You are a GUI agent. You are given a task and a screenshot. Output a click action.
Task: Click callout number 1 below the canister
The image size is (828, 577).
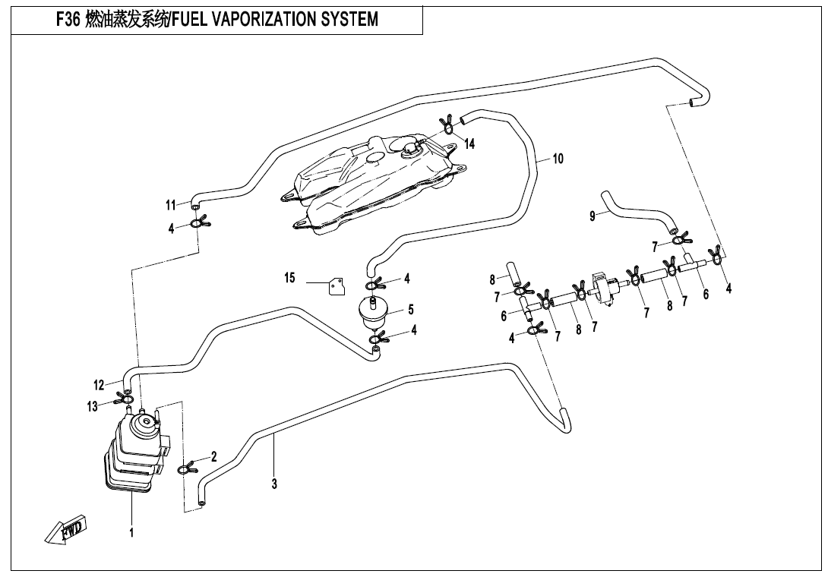(131, 532)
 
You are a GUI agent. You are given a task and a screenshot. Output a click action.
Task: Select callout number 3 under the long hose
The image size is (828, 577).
(274, 484)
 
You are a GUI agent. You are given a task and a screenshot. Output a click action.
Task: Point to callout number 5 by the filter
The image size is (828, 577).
(411, 309)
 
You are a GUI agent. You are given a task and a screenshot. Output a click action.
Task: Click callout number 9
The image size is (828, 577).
(593, 216)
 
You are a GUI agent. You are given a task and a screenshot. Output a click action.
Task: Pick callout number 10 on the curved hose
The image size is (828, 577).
(558, 159)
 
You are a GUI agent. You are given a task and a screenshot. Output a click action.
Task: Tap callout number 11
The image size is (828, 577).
(171, 205)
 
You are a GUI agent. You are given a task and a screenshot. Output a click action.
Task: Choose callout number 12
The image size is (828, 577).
(99, 385)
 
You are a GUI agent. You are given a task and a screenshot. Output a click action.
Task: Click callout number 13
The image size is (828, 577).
(92, 407)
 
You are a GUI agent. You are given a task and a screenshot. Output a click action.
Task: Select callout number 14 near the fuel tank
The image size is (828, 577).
(470, 144)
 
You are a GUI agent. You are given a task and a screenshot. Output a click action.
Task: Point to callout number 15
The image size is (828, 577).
(289, 279)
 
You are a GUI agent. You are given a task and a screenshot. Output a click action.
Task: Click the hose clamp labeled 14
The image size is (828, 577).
(448, 125)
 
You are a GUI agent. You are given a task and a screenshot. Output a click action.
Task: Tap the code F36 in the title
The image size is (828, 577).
(70, 19)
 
